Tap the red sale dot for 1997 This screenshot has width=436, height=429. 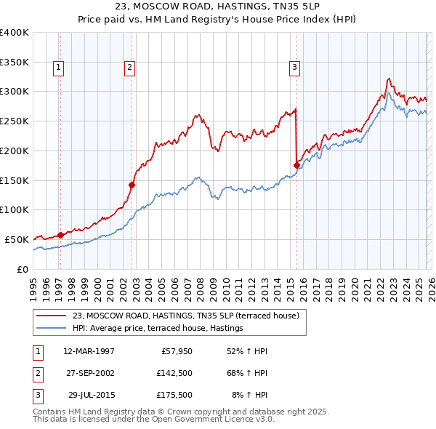(x=60, y=234)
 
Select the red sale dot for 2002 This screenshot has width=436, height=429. (x=132, y=185)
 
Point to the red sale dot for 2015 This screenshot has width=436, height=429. (x=296, y=165)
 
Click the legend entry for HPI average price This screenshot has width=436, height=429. (x=157, y=329)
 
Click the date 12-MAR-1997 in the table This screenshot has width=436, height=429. (x=89, y=351)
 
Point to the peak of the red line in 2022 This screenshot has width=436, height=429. (x=389, y=79)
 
